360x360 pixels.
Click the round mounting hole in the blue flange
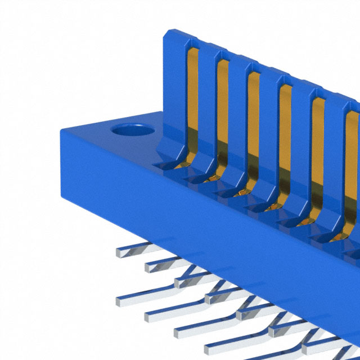(x=133, y=132)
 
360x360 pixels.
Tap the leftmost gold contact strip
(x=192, y=96)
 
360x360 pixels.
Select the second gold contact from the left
(x=222, y=107)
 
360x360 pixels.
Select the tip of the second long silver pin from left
(x=149, y=310)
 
